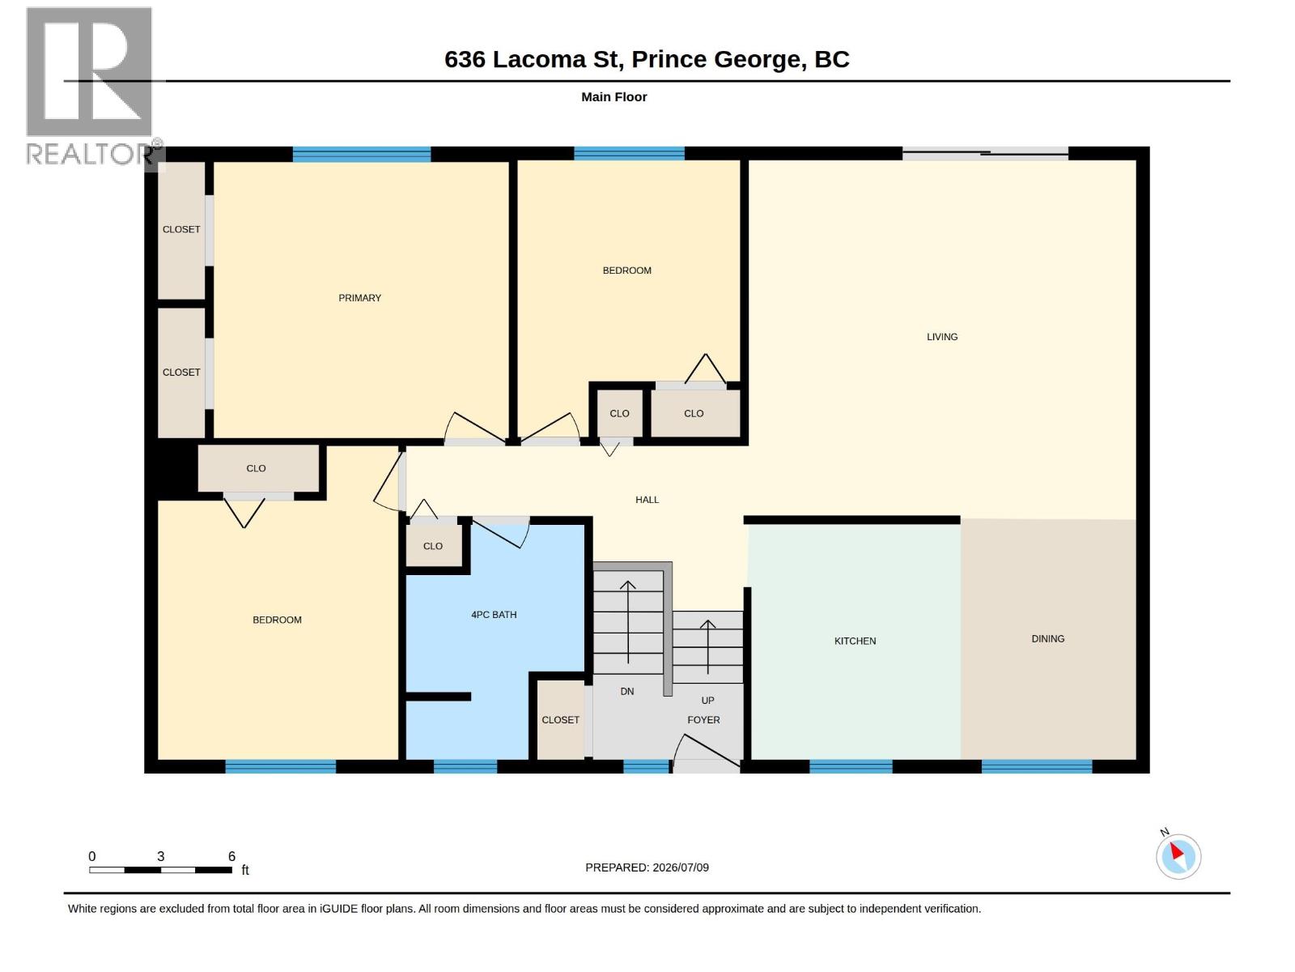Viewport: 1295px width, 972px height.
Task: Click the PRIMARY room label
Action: [x=359, y=298]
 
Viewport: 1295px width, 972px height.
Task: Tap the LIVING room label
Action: [x=941, y=337]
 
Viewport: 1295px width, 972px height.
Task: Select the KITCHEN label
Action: [x=855, y=641]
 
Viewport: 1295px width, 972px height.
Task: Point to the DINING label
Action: [x=1048, y=638]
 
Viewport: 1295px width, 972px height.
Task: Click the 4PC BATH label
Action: [x=494, y=614]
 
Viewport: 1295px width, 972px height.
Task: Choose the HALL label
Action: [x=647, y=500]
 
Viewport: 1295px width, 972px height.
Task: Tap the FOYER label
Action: [x=703, y=720]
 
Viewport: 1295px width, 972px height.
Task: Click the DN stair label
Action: [x=627, y=691]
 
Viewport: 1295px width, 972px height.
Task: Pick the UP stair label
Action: [x=707, y=701]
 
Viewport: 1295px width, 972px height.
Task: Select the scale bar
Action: [x=160, y=870]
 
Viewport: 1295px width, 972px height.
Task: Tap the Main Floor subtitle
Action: [x=614, y=97]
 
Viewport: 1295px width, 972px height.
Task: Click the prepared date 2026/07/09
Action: [x=680, y=868]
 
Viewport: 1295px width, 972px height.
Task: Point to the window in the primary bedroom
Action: [x=362, y=154]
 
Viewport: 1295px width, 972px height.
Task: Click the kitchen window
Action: [x=850, y=766]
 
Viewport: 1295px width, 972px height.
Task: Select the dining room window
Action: [x=1037, y=766]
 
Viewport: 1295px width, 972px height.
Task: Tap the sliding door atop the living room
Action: [x=985, y=153]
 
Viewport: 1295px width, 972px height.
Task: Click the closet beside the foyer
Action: [x=560, y=719]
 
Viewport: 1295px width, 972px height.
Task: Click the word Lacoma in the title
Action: [x=539, y=60]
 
